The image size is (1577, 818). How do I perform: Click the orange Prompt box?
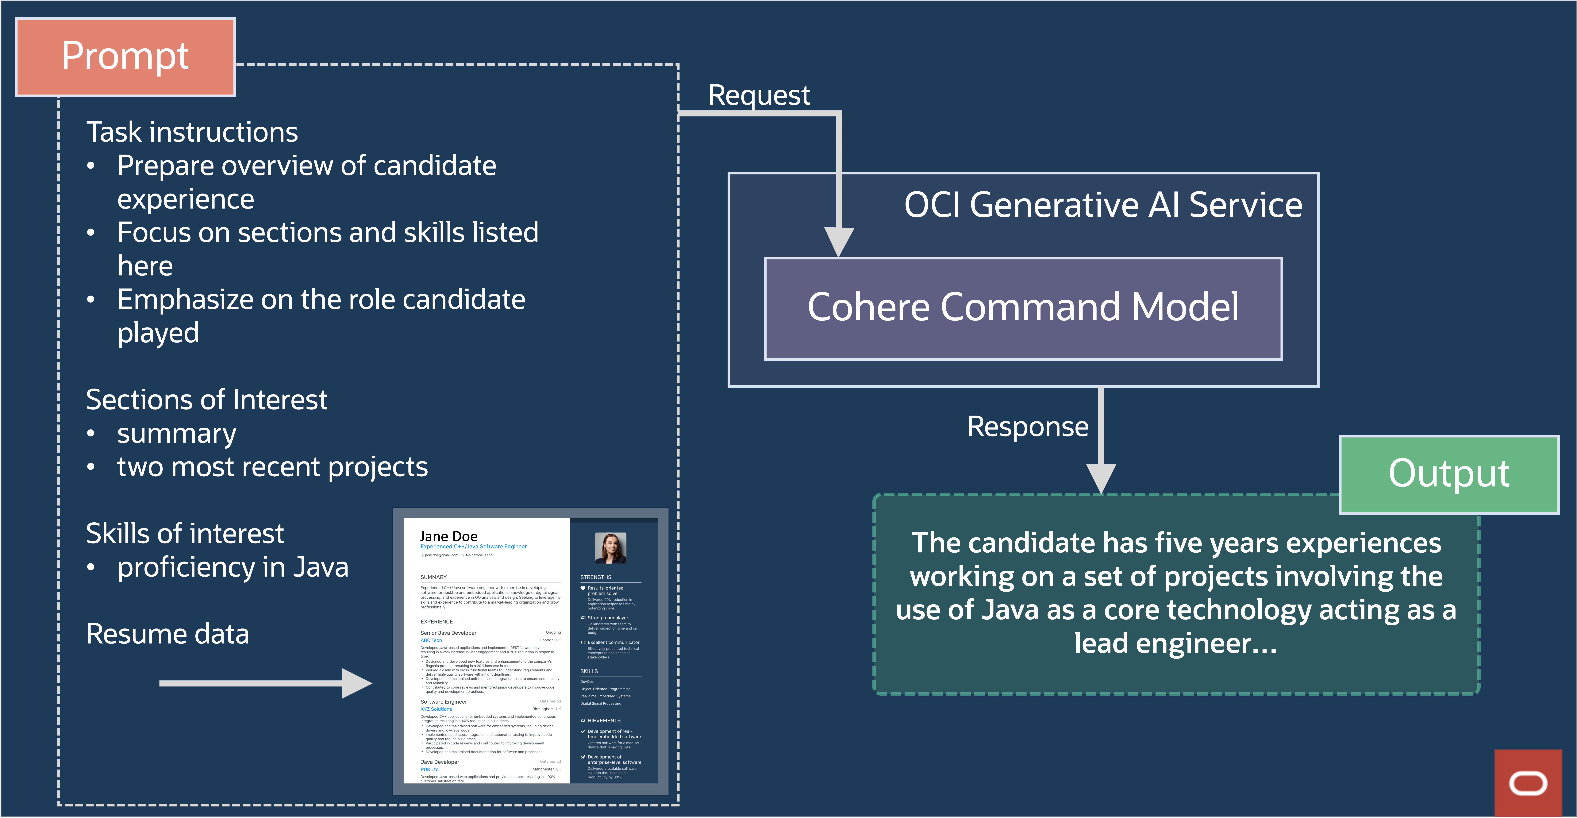125,57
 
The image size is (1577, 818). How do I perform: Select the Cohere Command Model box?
1023,308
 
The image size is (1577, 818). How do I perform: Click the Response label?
1027,427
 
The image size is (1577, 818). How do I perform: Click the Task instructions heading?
192,132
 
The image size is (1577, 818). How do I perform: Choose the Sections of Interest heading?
206,400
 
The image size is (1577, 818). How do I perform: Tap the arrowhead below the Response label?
1101,478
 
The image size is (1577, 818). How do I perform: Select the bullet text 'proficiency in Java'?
233,568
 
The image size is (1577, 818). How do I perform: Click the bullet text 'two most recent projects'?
272,467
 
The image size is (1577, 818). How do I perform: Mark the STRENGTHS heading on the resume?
596,577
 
